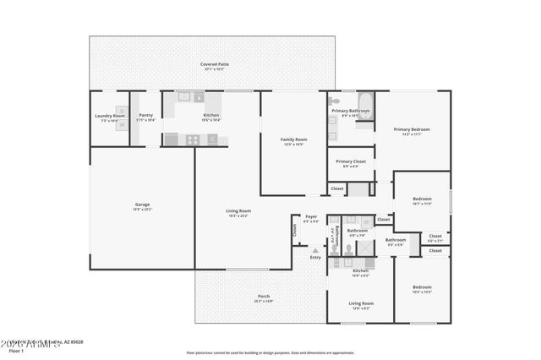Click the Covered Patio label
215,64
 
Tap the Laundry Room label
110,116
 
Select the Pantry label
146,116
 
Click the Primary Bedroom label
412,129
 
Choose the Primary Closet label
350,161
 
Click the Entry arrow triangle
314,250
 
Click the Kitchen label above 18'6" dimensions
211,115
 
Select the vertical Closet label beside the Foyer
295,229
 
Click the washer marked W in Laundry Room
122,127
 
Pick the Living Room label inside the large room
238,211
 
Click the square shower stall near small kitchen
365,248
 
